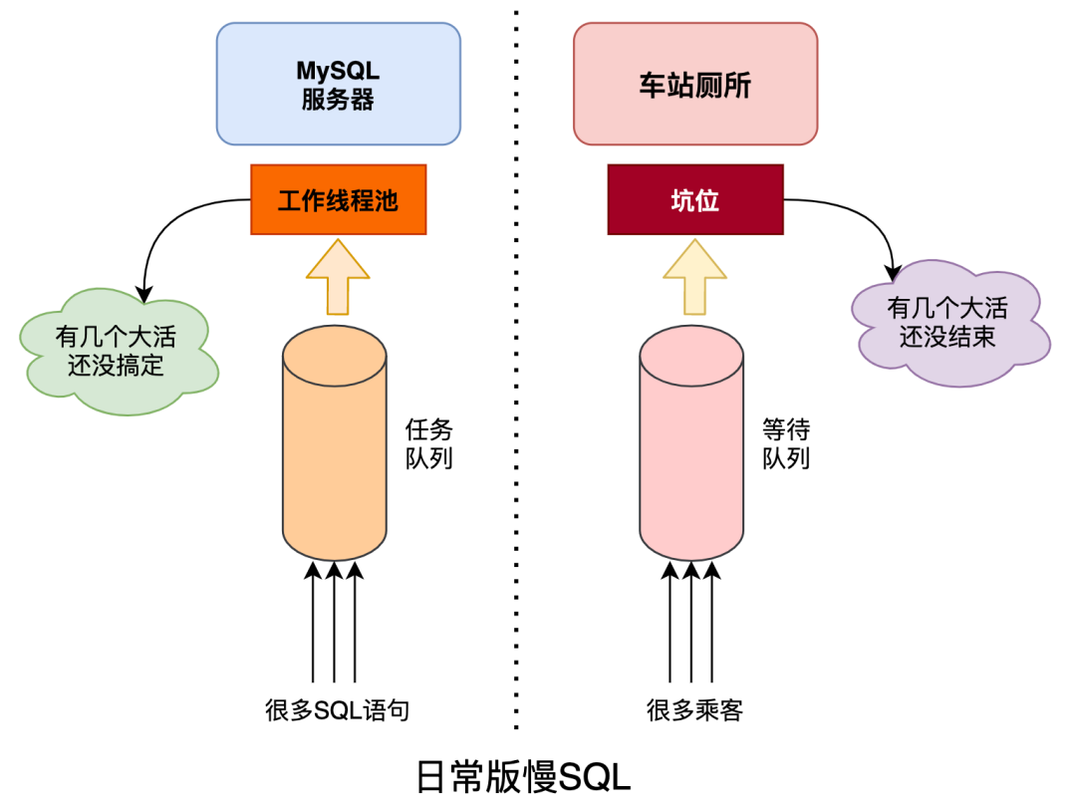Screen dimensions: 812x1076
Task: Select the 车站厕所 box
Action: [x=694, y=85]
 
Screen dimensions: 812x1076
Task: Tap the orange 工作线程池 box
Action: [x=338, y=200]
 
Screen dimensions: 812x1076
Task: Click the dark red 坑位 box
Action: [x=694, y=200]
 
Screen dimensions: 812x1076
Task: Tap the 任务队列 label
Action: [x=428, y=443]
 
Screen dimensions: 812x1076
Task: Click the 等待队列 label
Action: [x=786, y=443]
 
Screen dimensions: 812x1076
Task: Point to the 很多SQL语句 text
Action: [x=337, y=710]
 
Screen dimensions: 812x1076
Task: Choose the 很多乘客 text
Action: [x=694, y=710]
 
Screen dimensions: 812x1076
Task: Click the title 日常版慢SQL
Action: [x=522, y=777]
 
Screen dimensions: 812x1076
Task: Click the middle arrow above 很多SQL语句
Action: [x=335, y=623]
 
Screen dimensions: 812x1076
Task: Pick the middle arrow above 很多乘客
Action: [x=690, y=623]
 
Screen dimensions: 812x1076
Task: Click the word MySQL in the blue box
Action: [x=338, y=71]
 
